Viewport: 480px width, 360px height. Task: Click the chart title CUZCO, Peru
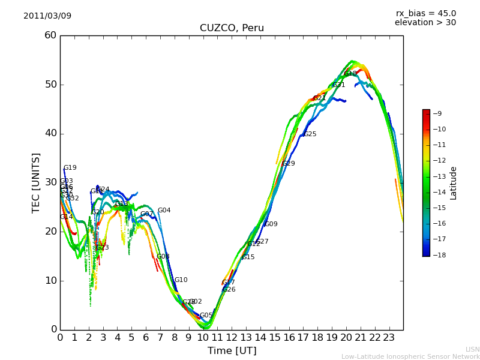click(232, 28)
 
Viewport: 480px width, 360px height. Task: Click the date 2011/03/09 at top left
click(47, 16)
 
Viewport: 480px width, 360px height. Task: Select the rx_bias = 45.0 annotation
click(425, 13)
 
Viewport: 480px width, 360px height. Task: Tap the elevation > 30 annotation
click(425, 23)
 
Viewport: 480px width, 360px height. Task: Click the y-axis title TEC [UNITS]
click(36, 182)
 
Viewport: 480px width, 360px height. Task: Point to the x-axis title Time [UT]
click(232, 351)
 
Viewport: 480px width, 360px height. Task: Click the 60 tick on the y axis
click(50, 35)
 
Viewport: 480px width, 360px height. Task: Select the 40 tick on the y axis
click(50, 133)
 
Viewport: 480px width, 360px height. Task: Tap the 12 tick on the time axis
click(232, 338)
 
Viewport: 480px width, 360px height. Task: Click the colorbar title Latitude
click(454, 182)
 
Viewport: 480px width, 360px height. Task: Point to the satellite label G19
click(70, 168)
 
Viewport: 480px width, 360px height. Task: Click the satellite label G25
click(310, 134)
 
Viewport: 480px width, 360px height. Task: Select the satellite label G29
click(289, 164)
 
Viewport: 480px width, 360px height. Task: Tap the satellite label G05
click(206, 316)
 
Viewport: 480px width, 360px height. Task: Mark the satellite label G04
click(164, 211)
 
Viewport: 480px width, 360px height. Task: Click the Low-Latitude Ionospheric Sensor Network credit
click(410, 356)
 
